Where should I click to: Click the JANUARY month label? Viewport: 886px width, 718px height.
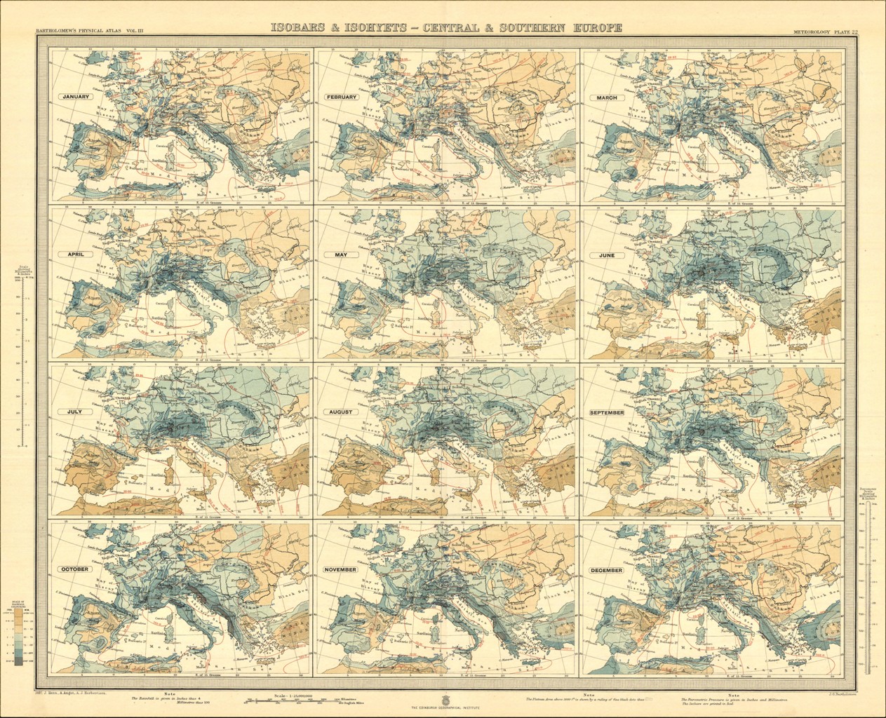[75, 97]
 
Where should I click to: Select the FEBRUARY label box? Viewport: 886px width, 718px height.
[341, 97]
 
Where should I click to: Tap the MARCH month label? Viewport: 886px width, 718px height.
[607, 97]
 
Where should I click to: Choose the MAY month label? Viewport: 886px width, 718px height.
[341, 255]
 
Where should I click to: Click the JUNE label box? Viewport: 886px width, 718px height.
[606, 255]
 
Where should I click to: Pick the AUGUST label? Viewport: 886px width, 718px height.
[341, 412]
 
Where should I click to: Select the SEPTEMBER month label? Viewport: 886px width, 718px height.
[606, 413]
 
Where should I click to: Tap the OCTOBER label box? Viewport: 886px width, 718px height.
[74, 569]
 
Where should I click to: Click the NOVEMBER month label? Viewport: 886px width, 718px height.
[341, 569]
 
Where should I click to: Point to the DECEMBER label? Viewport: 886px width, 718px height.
[606, 570]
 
